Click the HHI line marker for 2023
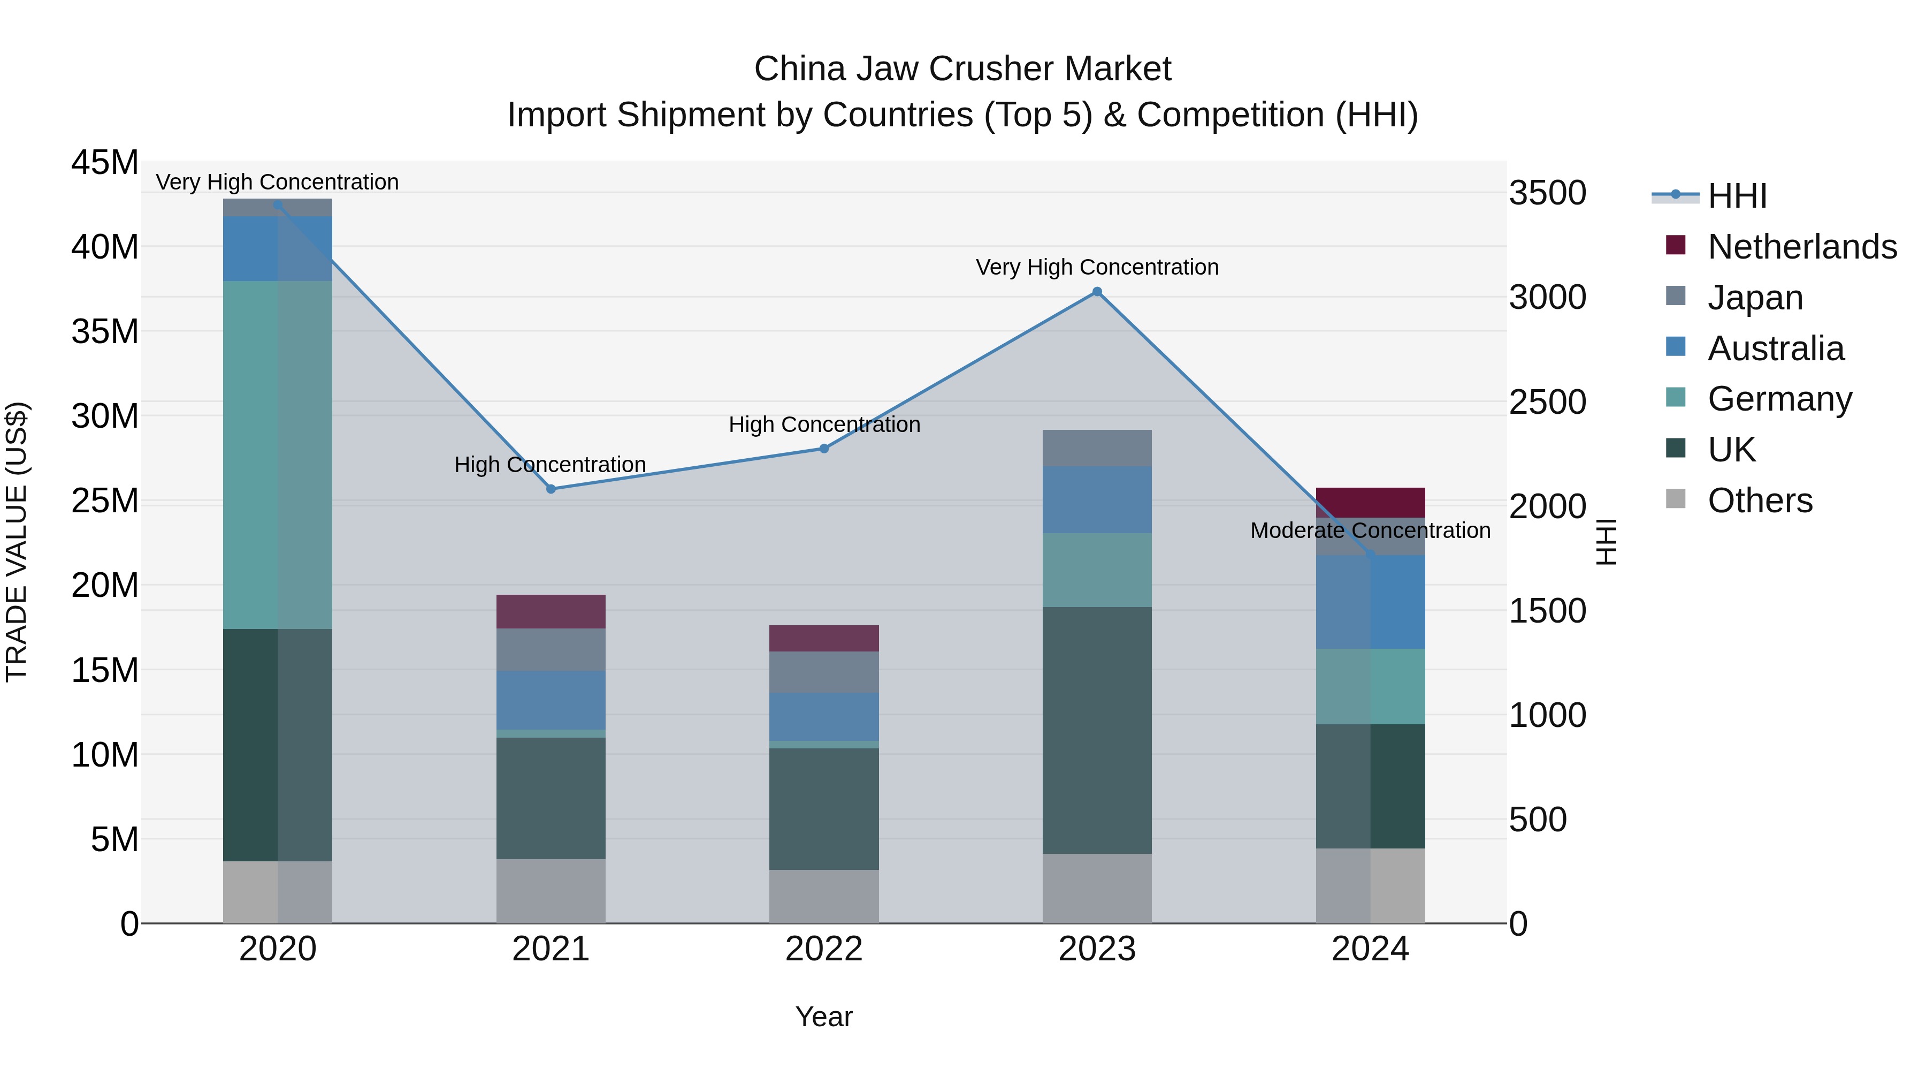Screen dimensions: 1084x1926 [x=1097, y=292]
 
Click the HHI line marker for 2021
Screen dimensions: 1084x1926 [x=551, y=489]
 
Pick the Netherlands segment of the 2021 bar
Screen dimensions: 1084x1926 [x=551, y=611]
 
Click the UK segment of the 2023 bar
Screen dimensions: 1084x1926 [x=1097, y=730]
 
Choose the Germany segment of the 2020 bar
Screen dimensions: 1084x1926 [x=277, y=455]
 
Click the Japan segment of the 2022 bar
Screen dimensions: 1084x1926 [x=824, y=671]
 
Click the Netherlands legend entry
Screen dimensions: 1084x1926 [x=1802, y=246]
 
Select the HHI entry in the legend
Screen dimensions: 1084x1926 [x=1737, y=195]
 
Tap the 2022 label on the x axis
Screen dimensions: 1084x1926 [x=824, y=949]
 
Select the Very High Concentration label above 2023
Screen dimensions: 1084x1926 [x=1097, y=267]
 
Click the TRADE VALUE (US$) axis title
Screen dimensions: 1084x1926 [x=17, y=542]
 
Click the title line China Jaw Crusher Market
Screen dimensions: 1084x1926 [x=962, y=69]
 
